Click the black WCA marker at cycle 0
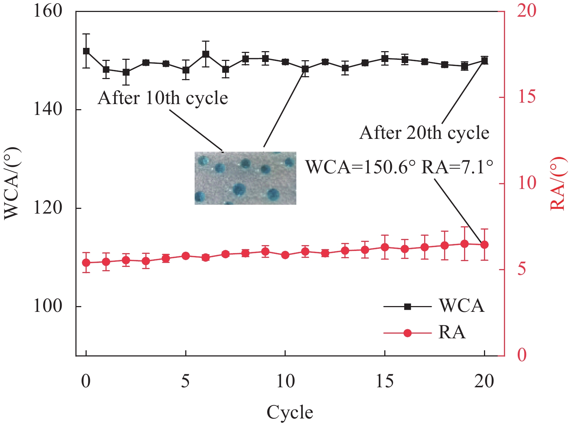pos(86,51)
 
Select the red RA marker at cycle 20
pos(484,245)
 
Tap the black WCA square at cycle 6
pos(206,54)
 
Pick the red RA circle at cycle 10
pos(285,255)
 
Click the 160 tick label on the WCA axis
pos(47,11)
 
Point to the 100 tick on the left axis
pos(47,306)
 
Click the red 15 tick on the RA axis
pos(527,97)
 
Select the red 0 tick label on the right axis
pos(522,355)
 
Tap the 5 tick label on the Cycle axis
pos(186,381)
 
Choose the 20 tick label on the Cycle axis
pos(484,381)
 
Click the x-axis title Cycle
pos(290,412)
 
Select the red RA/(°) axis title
pos(558,183)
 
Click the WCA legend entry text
pos(462,306)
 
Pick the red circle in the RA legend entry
pos(407,333)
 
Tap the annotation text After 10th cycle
pos(163,98)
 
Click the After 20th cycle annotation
pos(424,133)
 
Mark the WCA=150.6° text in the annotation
pos(360,167)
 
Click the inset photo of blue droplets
pos(245,178)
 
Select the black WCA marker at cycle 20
pos(484,61)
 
